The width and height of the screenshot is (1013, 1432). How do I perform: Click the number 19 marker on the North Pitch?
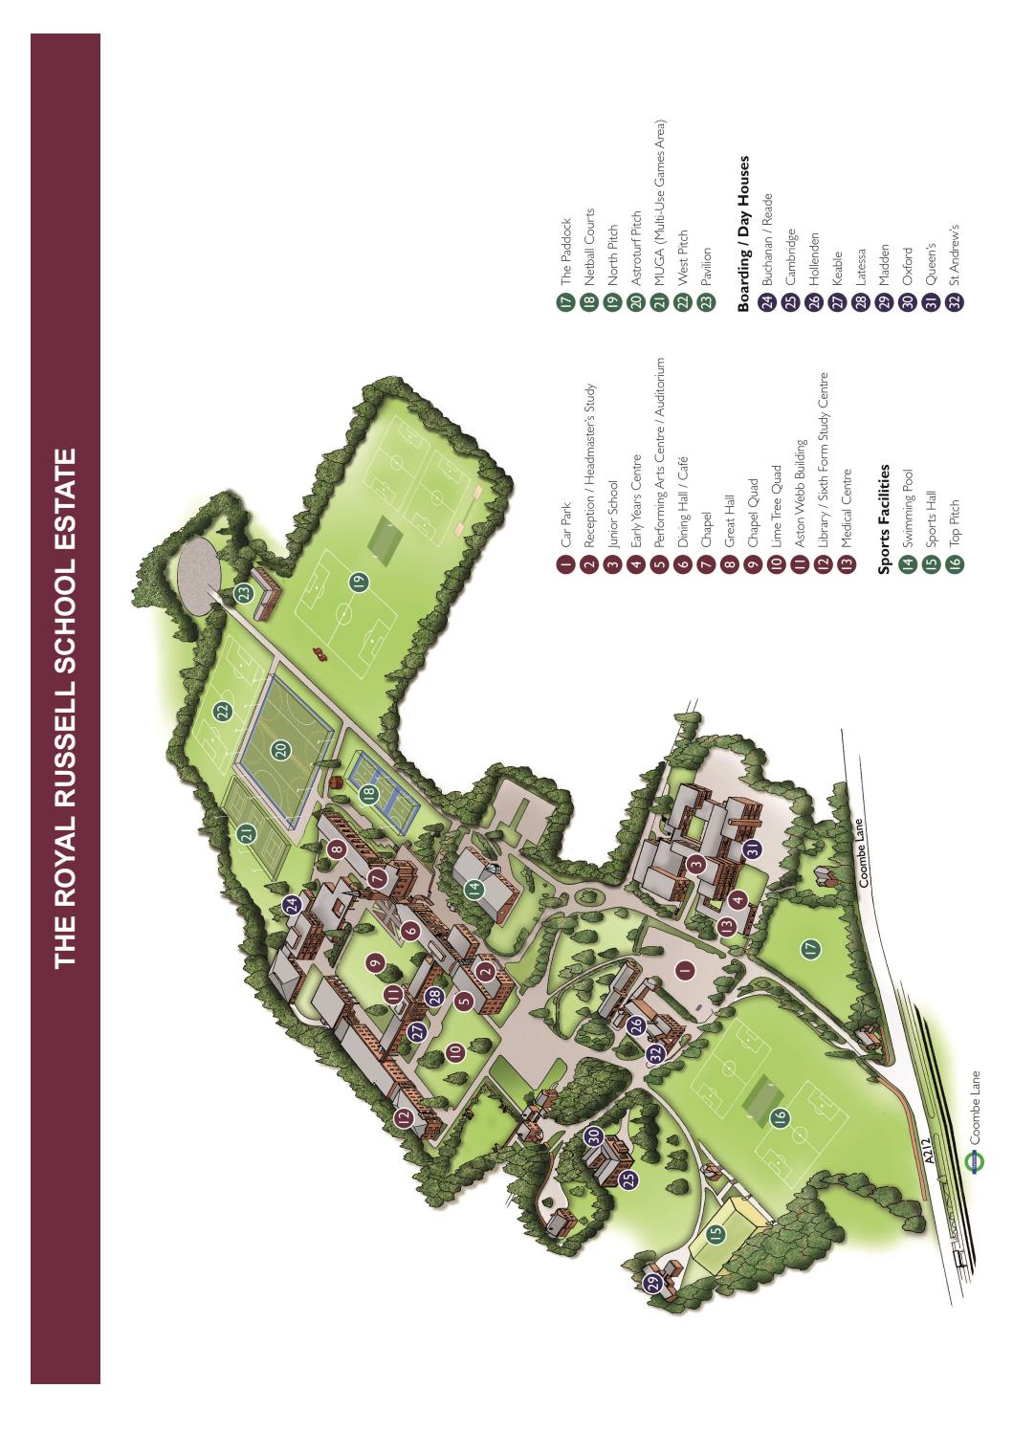[x=359, y=581]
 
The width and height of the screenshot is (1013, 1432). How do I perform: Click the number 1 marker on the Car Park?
[x=683, y=969]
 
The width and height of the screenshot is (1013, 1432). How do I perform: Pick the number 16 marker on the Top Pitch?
[x=780, y=1115]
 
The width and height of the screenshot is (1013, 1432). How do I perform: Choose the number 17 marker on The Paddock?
[x=811, y=949]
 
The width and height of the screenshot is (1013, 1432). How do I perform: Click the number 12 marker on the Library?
[x=404, y=1116]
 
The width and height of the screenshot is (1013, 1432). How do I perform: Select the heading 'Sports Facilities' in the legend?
[x=886, y=522]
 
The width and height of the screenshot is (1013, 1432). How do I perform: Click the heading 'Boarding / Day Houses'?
[x=744, y=233]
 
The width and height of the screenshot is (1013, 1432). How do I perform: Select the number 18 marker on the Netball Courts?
[x=369, y=793]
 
